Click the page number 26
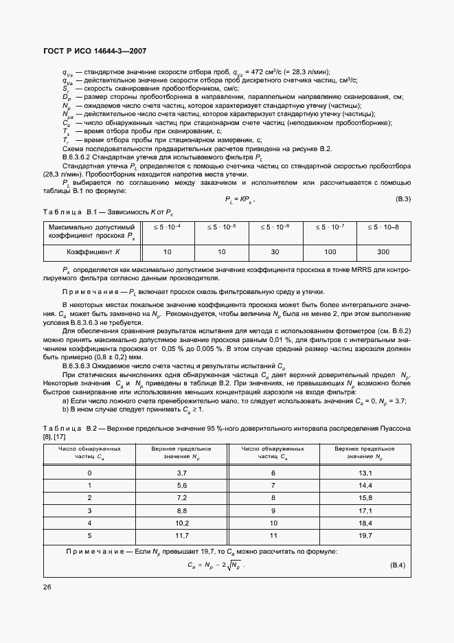pos(47,587)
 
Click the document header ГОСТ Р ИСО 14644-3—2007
pos(94,52)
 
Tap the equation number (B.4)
pos(398,565)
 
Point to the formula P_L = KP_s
pos(240,199)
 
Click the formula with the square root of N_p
pos(216,565)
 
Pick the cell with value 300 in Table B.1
pos(383,252)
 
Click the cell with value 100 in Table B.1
pos(329,252)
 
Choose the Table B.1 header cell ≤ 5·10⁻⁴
pos(168,226)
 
